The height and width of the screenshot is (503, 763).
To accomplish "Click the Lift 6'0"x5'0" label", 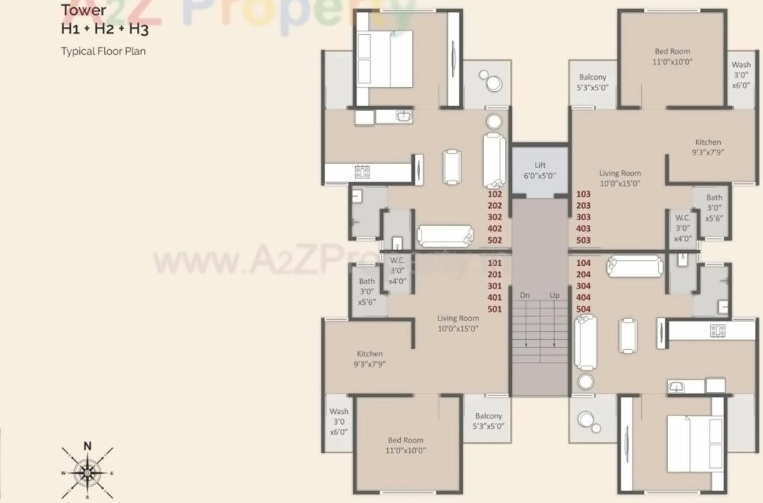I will pyautogui.click(x=540, y=170).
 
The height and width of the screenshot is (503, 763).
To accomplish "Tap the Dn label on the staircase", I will pyautogui.click(x=525, y=295).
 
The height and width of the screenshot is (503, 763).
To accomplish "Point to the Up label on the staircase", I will pyautogui.click(x=554, y=295).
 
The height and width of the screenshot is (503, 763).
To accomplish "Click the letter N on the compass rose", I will pyautogui.click(x=88, y=446).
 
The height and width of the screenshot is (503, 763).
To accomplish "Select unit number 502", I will pyautogui.click(x=495, y=240).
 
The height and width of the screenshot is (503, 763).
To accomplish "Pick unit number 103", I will pyautogui.click(x=583, y=194).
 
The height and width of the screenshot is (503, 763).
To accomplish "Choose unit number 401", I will pyautogui.click(x=495, y=298).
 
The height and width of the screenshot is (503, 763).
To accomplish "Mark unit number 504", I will pyautogui.click(x=583, y=309).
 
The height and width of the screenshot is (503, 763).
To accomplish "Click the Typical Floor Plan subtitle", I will pyautogui.click(x=103, y=51).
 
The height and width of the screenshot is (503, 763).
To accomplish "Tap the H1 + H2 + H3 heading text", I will pyautogui.click(x=104, y=29).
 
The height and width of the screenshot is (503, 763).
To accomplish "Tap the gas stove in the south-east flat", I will pyautogui.click(x=717, y=331).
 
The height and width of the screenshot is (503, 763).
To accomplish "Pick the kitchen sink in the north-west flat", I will pyautogui.click(x=405, y=115).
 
